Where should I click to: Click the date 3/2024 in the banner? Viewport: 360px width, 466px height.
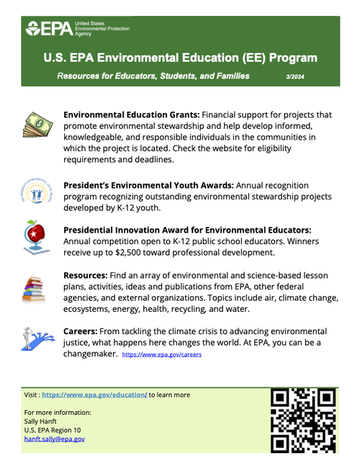point(295,75)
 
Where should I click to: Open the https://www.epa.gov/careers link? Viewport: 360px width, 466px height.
point(162,355)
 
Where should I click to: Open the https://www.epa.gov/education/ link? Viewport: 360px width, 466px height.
point(94,395)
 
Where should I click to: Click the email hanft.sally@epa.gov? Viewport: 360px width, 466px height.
point(55,438)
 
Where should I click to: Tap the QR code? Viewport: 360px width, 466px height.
point(304,421)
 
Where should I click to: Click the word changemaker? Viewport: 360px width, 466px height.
point(89,354)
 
